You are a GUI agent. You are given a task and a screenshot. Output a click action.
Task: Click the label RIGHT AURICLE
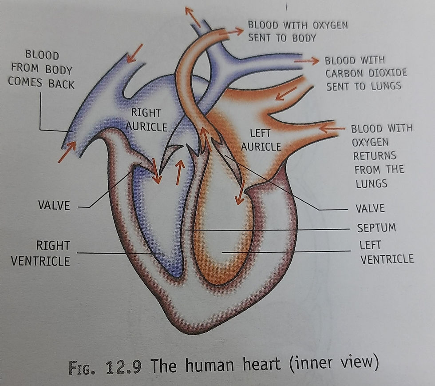[146, 120]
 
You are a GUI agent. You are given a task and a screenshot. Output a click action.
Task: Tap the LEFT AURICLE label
[261, 139]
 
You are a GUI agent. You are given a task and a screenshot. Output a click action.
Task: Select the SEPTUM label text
[376, 228]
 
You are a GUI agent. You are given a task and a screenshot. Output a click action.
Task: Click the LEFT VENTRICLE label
[386, 252]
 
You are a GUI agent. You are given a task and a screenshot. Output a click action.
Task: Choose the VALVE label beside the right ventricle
[54, 206]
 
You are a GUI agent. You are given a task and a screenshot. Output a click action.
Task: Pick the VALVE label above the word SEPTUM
[370, 208]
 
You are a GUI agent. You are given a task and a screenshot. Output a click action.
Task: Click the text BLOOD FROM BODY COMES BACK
[41, 69]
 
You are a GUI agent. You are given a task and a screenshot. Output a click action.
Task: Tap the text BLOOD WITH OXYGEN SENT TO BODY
[297, 31]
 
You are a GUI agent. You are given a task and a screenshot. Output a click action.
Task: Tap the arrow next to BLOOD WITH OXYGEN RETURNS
[332, 129]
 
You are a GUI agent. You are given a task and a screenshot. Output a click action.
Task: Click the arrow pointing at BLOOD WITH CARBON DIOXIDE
[306, 61]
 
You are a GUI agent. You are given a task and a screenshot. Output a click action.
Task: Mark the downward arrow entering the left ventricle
[240, 193]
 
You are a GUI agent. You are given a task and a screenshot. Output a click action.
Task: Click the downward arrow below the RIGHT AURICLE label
[156, 171]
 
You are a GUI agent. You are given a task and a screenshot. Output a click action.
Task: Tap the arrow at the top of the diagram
[193, 16]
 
